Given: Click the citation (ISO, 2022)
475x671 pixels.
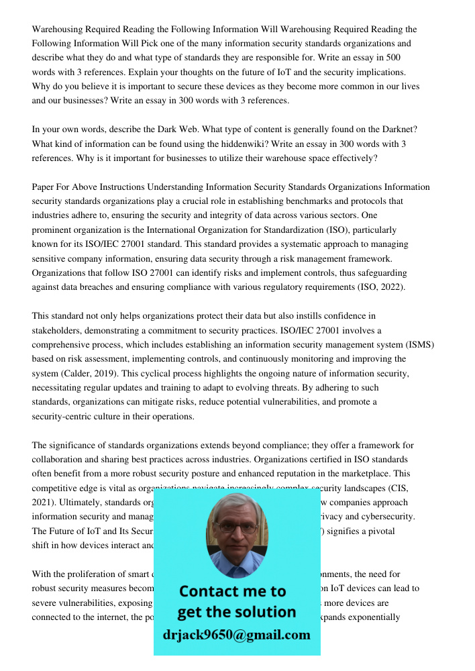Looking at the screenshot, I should pos(387,287).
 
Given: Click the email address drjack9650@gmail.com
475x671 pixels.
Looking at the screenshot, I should pos(237,635).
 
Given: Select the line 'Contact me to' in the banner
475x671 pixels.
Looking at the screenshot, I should pos(233,591).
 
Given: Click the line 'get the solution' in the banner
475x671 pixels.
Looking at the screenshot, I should pos(236,612).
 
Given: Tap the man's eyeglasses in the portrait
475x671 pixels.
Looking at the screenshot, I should pos(237,527).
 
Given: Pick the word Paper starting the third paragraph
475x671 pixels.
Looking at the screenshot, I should pos(44,187).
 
